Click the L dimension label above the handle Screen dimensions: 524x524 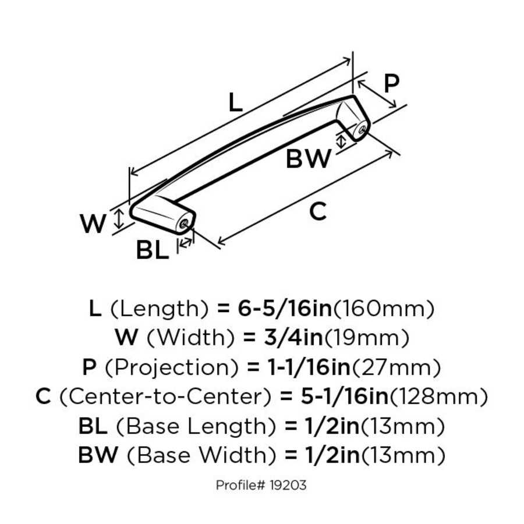click(234, 103)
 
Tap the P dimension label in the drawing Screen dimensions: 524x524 click(392, 84)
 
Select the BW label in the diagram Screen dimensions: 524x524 click(308, 159)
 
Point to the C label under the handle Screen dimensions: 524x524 click(318, 213)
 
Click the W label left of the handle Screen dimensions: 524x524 click(93, 224)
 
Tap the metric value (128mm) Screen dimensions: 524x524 click(438, 397)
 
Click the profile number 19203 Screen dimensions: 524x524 click(286, 484)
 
